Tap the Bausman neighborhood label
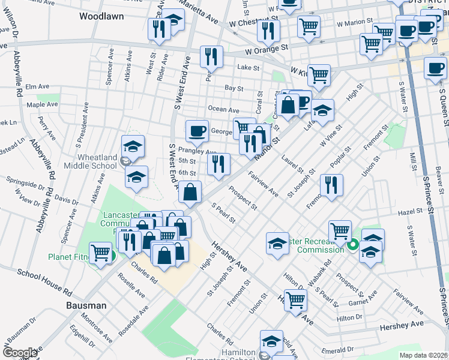(x=86, y=305)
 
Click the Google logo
(x=20, y=353)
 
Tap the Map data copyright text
(x=424, y=355)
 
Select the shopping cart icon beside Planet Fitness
(x=100, y=252)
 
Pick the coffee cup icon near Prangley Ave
(x=196, y=131)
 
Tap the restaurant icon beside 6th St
(x=218, y=164)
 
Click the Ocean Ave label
(x=223, y=109)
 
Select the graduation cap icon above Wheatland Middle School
(x=133, y=146)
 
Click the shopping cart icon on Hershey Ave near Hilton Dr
(x=295, y=300)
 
